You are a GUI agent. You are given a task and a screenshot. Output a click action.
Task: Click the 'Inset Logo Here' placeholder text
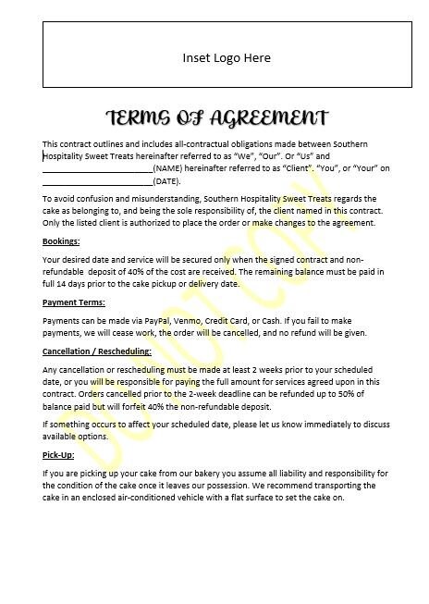click(x=227, y=57)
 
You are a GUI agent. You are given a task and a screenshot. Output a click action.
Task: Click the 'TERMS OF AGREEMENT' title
click(x=217, y=117)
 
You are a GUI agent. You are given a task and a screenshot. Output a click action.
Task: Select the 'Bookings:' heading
click(x=61, y=241)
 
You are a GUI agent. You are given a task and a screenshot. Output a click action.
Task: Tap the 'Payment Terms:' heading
click(x=74, y=302)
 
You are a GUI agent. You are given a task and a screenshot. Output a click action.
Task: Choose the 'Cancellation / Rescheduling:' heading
click(x=97, y=351)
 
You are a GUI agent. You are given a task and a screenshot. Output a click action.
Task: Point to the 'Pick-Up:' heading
click(x=60, y=455)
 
